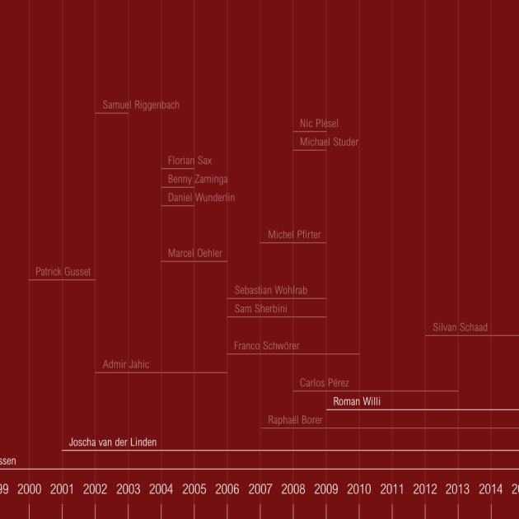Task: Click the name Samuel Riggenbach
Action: point(141,105)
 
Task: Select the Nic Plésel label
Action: point(319,124)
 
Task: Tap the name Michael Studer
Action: point(329,143)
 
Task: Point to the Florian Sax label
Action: point(189,161)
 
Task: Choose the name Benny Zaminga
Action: point(198,180)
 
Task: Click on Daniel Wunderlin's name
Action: point(201,198)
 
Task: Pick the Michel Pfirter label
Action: point(294,236)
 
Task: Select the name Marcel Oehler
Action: point(195,254)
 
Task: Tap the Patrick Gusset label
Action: point(63,272)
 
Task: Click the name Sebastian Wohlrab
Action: point(270,291)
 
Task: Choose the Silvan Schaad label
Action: point(460,328)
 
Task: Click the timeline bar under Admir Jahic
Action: point(161,372)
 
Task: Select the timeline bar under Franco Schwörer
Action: point(292,354)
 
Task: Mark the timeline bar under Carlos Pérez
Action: point(375,391)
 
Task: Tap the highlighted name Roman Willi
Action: point(357,402)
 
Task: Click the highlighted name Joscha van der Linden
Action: point(112,442)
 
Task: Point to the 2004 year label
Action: point(161,489)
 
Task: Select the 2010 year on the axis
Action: point(358,489)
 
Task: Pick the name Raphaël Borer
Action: point(295,420)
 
